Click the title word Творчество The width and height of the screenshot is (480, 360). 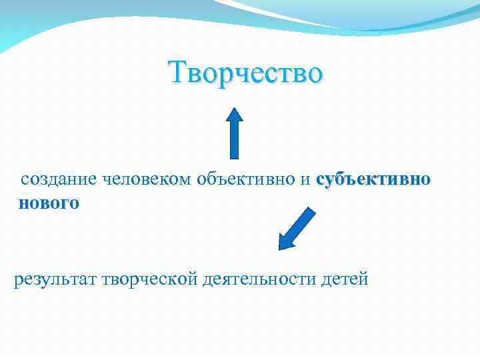pyautogui.click(x=246, y=73)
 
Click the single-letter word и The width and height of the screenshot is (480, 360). pyautogui.click(x=305, y=181)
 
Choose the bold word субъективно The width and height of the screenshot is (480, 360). pyautogui.click(x=373, y=180)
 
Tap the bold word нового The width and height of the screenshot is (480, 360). pyautogui.click(x=49, y=203)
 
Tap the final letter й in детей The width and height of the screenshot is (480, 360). pyautogui.click(x=363, y=279)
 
